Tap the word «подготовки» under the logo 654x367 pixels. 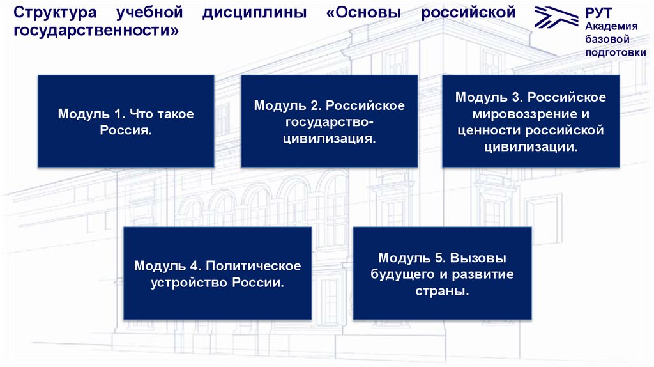click(x=615, y=52)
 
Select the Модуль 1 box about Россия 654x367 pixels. click(x=125, y=121)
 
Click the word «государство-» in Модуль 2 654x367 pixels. click(x=330, y=121)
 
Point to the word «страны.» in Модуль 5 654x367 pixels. click(x=442, y=291)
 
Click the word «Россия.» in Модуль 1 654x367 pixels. click(x=125, y=130)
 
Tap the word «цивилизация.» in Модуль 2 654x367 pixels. click(x=330, y=138)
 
